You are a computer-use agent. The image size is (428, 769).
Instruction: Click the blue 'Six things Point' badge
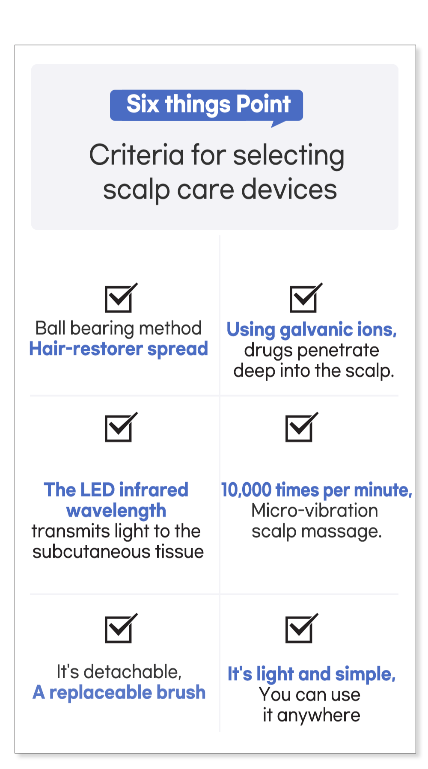pos(206,105)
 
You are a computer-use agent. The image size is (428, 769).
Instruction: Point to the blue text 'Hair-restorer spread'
pos(119,349)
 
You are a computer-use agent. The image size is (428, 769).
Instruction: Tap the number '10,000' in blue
pos(247,490)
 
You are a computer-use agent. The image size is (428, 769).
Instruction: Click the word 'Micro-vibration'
pos(315,511)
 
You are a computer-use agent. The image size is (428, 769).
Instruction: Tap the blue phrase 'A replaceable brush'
pos(119,692)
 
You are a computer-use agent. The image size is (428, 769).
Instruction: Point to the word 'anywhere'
pos(318,716)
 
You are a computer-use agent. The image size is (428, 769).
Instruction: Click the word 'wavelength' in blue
pos(116,511)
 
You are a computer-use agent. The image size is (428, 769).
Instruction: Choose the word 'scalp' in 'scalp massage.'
pos(274,532)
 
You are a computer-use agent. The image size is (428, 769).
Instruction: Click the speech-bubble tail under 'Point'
pos(278,124)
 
